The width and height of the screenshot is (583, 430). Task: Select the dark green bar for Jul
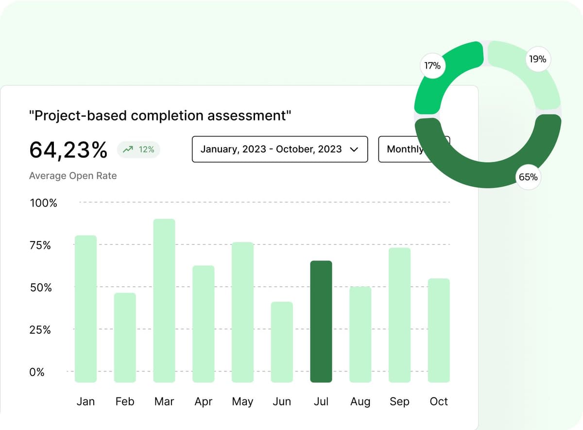[x=321, y=322]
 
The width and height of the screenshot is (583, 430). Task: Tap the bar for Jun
[x=282, y=342]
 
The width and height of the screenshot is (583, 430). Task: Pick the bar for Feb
[x=125, y=338]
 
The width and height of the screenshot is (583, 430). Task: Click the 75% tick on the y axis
[x=40, y=245]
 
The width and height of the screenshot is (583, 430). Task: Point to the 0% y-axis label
[x=37, y=372]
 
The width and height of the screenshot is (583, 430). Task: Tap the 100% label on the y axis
[x=43, y=203]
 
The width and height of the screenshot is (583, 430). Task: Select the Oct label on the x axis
[x=439, y=401]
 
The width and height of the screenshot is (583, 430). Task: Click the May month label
[x=242, y=401]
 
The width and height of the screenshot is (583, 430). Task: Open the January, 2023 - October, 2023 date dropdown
[x=279, y=149]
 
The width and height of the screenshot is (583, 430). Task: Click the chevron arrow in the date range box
[x=354, y=150]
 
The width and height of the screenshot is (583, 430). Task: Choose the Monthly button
[x=404, y=149]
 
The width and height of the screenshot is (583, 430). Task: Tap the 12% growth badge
[x=139, y=150]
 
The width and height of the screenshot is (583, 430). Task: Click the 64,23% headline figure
[x=68, y=150]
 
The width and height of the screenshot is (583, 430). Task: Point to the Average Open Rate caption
[x=73, y=176]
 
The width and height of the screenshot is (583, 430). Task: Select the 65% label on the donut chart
[x=528, y=177]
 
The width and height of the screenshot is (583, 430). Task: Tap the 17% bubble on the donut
[x=432, y=66]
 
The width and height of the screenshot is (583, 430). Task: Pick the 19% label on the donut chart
[x=537, y=59]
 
